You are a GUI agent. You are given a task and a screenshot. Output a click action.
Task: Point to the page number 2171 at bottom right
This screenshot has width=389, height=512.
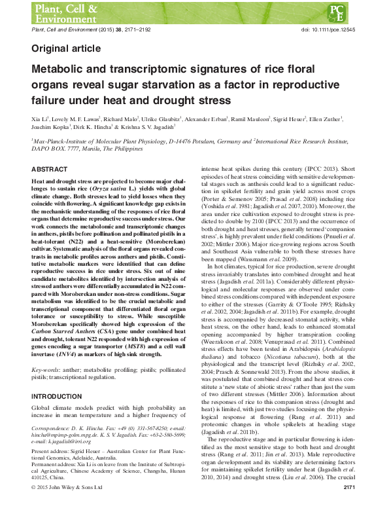click(349, 505)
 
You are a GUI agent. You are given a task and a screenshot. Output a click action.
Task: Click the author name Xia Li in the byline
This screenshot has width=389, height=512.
click(39, 121)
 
